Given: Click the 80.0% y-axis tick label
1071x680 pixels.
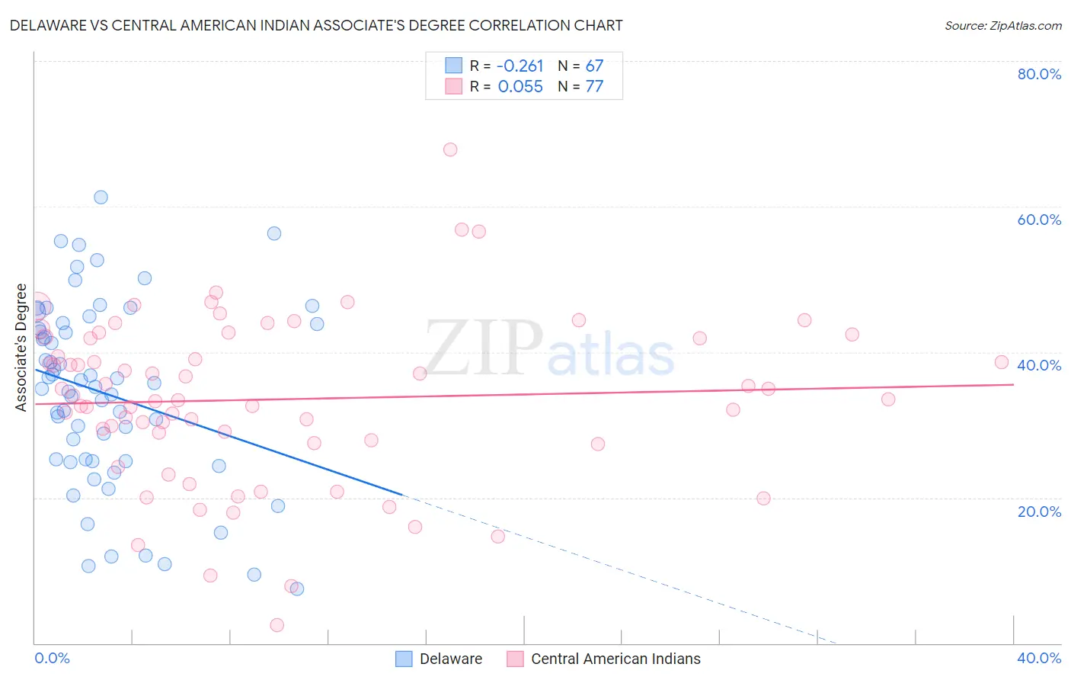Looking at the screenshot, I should point(1039,74).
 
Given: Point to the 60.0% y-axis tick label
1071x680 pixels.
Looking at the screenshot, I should point(1039,220).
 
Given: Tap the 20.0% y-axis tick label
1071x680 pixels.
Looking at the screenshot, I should point(1039,512).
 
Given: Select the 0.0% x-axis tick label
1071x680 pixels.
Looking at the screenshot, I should point(52,658).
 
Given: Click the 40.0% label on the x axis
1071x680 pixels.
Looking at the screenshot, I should point(1039,658).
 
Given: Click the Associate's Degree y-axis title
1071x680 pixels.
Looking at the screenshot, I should point(21,348).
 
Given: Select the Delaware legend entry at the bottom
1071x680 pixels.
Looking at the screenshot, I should point(450,659).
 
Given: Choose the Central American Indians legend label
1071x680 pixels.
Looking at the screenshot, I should point(615,659).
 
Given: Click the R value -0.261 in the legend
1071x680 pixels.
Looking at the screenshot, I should point(520,66).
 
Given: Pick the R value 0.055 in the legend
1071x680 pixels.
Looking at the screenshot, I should point(520,87).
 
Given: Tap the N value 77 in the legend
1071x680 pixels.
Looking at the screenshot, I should point(594,87).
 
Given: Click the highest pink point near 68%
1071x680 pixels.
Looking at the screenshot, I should point(450,149).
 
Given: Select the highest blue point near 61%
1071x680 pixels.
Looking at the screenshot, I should point(101,197).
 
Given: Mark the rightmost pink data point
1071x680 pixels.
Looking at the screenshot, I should point(1002,362).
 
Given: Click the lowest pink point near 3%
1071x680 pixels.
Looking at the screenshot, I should point(277,625).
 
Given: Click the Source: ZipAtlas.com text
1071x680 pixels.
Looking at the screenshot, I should point(1002,26).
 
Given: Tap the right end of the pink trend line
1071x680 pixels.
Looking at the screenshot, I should point(1013,384).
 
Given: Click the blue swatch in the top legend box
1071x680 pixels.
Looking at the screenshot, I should point(454,66).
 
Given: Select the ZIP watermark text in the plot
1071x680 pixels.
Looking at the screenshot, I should point(484,348).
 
